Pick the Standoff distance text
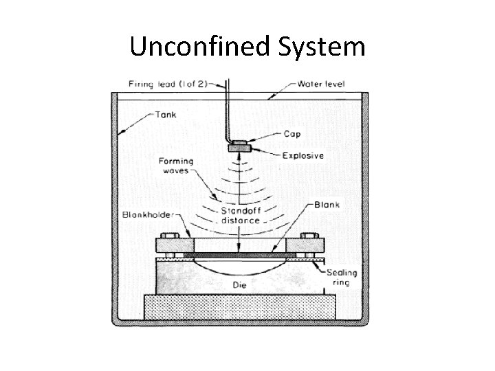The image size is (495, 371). [241, 216]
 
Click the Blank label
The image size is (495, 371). [327, 205]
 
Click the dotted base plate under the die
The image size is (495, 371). [239, 306]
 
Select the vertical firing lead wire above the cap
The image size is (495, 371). [230, 110]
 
